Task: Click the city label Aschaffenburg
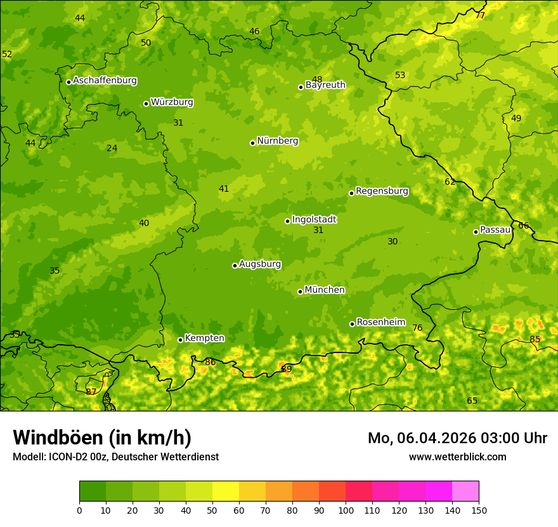105,81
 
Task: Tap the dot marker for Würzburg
146,103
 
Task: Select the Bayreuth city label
325,85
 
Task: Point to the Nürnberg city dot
252,143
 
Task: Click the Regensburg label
382,191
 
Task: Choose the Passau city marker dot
476,232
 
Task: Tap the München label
325,290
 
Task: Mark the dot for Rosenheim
352,324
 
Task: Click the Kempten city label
204,338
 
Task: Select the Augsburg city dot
235,265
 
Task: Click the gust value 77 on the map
480,15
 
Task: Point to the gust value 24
112,148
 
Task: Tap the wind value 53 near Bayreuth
400,75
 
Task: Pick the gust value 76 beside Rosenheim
417,328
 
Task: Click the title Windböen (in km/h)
102,437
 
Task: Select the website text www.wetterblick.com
457,457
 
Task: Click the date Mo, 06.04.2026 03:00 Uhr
457,438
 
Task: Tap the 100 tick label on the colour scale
346,510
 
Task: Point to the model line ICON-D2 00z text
115,457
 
